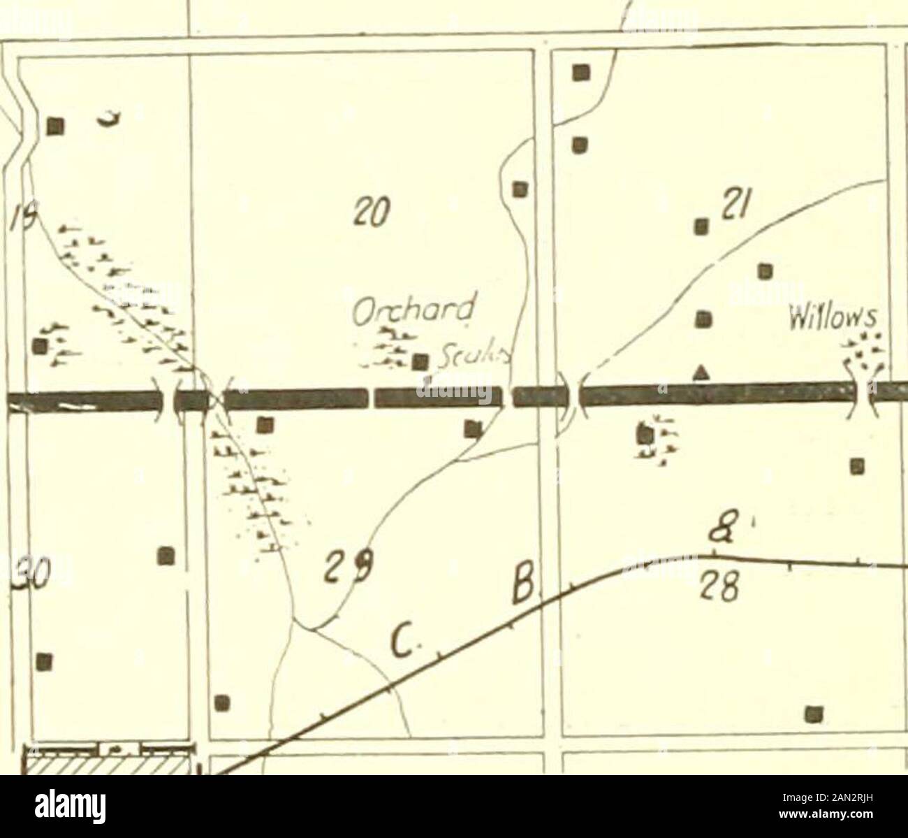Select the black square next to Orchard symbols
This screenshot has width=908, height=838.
tap(420, 361)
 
